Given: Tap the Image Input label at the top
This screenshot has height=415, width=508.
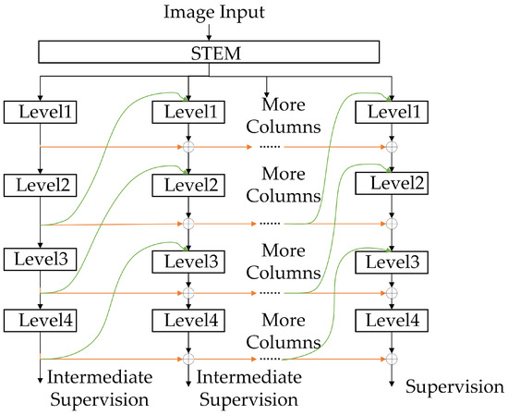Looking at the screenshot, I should [213, 12].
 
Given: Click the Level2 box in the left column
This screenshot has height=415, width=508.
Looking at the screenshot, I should [40, 184].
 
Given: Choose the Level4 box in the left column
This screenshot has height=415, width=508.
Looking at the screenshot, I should [40, 320].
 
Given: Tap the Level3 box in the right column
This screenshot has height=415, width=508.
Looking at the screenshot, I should [392, 262].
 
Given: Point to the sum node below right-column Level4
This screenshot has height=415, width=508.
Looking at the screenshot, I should [392, 358].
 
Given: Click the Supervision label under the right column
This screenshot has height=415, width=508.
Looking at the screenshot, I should [455, 385].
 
